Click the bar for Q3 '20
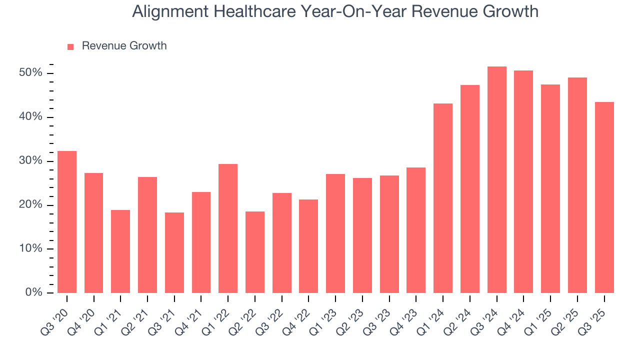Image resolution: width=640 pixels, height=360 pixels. coord(67,222)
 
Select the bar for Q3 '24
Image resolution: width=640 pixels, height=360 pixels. coord(497,180)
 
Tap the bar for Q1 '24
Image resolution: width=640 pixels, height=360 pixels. coord(443,198)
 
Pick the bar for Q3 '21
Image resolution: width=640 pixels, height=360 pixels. coord(174,252)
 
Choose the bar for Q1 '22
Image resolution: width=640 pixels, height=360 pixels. coord(228,228)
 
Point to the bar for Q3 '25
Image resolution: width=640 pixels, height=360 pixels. coord(604,197)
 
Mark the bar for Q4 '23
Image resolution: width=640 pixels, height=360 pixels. coord(416,230)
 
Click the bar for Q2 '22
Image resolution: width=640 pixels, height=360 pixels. coord(255,252)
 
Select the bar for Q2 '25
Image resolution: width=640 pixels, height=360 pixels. coord(577,185)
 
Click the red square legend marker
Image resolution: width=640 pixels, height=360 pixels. coord(70,46)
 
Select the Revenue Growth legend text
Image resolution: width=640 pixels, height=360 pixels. coord(124,46)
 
